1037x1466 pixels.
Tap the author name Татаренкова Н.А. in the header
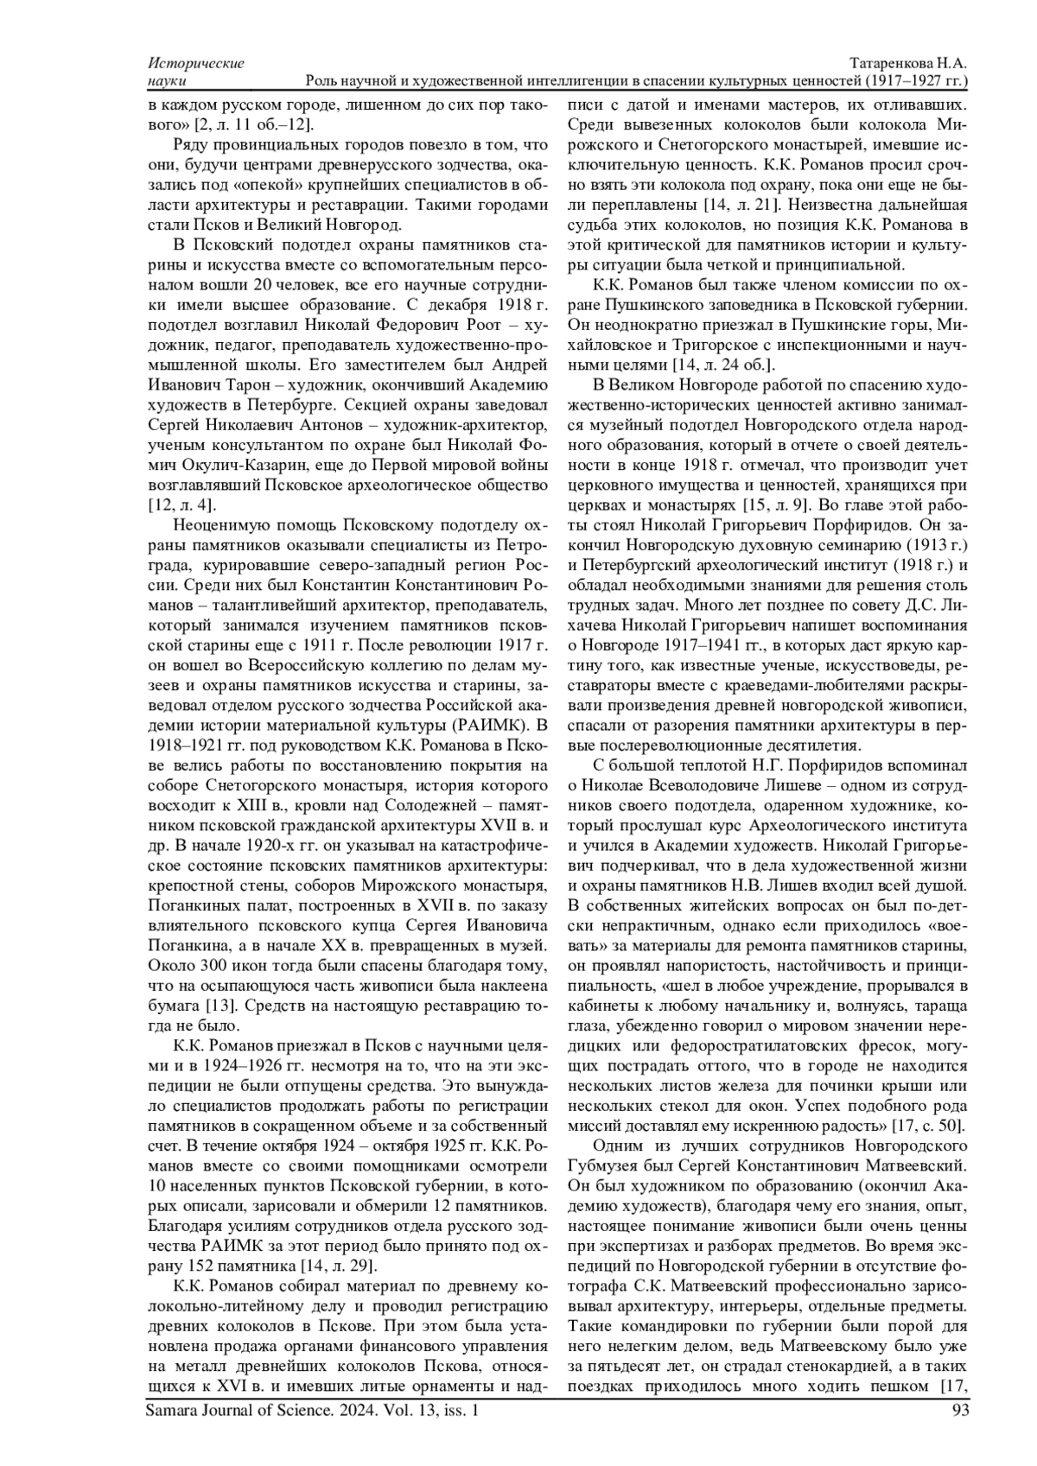coord(908,64)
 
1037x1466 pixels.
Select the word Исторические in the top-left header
coord(196,64)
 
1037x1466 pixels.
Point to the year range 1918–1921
coord(181,743)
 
